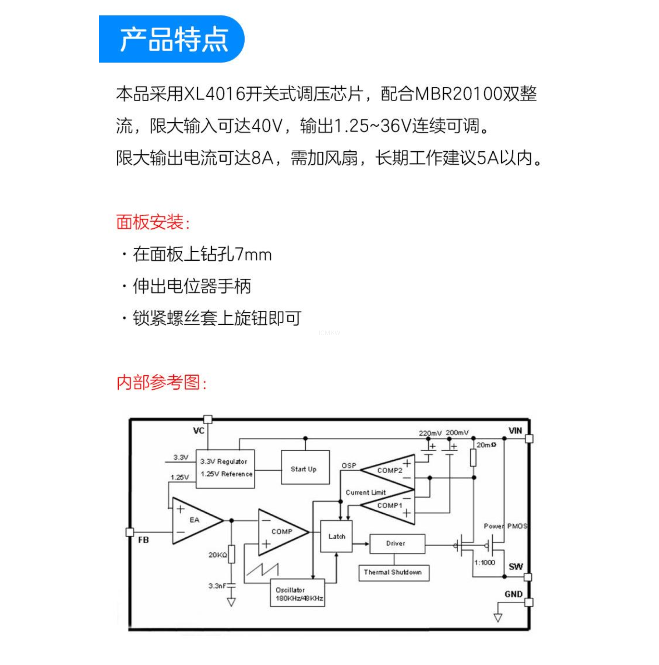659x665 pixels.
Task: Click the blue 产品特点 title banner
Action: (x=172, y=39)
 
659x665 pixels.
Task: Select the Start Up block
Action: (x=305, y=468)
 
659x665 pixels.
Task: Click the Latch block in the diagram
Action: (x=336, y=536)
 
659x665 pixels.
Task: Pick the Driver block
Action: (x=397, y=544)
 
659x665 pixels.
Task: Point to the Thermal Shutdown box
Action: (x=393, y=572)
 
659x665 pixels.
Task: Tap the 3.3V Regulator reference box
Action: (x=225, y=468)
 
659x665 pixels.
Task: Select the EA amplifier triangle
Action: (x=193, y=520)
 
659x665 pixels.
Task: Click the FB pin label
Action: (x=143, y=540)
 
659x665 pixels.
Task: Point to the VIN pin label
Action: (x=515, y=431)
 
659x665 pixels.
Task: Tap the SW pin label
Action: (x=516, y=567)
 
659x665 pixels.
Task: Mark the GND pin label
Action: (x=513, y=594)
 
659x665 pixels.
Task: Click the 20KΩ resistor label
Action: (x=217, y=555)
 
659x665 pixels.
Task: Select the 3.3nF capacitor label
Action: (x=217, y=586)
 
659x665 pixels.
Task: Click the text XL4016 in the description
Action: (x=214, y=94)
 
